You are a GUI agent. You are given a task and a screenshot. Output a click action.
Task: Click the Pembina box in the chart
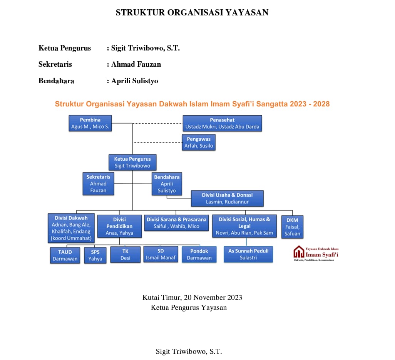90,123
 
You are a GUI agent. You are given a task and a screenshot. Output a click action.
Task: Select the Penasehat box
222,123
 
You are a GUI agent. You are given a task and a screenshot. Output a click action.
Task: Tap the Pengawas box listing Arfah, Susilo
199,142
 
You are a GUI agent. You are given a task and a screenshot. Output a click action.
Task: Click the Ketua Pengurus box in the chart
132,162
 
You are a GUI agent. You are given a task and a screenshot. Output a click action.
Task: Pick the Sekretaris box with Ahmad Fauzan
98,183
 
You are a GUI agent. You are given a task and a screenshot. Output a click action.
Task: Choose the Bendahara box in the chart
167,183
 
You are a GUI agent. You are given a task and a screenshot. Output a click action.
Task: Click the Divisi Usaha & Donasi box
227,198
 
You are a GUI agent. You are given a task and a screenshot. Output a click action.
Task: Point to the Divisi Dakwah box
71,228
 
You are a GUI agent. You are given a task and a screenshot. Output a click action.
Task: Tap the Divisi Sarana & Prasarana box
176,223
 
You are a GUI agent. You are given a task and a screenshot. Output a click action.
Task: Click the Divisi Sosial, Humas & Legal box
244,226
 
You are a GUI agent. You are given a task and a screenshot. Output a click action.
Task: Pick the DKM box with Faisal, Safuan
292,227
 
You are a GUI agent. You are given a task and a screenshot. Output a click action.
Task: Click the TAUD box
65,255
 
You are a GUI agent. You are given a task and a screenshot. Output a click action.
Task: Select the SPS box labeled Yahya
95,255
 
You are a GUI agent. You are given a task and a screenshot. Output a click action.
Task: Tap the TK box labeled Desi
125,255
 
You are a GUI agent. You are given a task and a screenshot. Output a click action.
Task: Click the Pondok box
199,254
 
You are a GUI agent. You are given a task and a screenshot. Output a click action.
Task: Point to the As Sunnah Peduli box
248,254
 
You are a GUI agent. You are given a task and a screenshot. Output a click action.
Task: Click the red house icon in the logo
299,252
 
